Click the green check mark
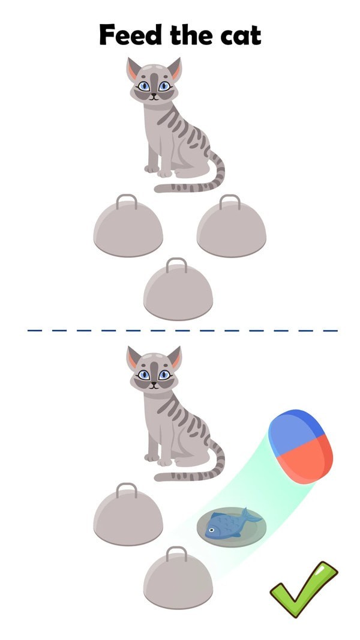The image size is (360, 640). [x=304, y=588]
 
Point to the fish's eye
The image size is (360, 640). [x=212, y=530]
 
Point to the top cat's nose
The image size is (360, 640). [x=154, y=95]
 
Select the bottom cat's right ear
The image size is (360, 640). [x=175, y=358]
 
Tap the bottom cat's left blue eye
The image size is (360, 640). [x=143, y=375]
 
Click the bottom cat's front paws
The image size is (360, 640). [x=158, y=460]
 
